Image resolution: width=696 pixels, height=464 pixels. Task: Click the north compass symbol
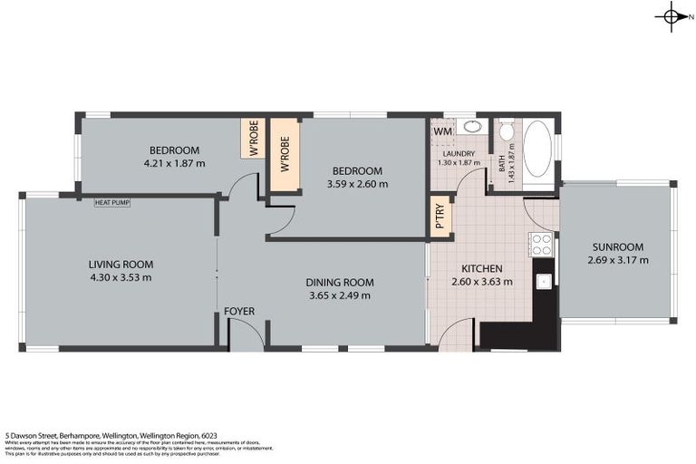[x=672, y=15]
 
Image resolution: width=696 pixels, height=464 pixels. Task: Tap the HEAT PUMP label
[x=112, y=202]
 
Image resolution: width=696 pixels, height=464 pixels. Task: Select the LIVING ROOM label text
[x=121, y=265]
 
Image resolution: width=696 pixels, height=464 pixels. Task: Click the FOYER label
[x=239, y=312]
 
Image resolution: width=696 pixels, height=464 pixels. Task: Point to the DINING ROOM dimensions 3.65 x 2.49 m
[x=339, y=295]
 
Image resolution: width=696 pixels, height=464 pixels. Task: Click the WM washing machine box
[x=442, y=132]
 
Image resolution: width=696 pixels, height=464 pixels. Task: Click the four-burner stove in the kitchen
[x=541, y=243]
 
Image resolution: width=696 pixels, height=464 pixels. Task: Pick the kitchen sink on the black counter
[x=544, y=280]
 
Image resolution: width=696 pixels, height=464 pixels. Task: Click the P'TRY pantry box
[x=440, y=217]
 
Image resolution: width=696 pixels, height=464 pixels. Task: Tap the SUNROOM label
[x=617, y=247]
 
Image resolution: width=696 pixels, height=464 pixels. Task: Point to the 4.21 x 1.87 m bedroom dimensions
[x=174, y=164]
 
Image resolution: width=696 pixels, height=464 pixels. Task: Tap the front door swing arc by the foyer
[x=246, y=332]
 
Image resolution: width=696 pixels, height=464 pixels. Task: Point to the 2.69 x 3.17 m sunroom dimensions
[x=617, y=261]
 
